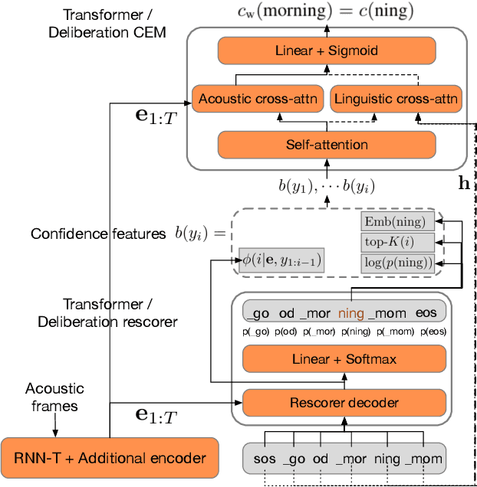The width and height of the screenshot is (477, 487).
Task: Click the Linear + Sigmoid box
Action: click(327, 51)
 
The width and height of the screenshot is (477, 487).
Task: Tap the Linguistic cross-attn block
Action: click(395, 99)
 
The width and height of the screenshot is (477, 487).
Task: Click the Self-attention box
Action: click(327, 144)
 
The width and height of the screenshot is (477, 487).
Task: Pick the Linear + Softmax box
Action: click(343, 359)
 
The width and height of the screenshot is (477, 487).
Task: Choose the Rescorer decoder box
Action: click(343, 402)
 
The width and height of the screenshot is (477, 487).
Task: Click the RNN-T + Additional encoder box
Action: click(109, 458)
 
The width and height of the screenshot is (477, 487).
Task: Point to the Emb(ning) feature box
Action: click(397, 222)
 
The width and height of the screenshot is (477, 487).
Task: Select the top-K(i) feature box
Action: click(397, 243)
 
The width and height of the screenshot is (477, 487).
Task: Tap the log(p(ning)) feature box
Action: click(397, 263)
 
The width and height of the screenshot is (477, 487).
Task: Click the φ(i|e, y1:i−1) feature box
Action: click(281, 260)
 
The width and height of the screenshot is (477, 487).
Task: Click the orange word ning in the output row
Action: click(351, 312)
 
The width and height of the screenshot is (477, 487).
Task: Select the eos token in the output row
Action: click(426, 312)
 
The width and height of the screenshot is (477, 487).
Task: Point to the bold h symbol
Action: click(464, 183)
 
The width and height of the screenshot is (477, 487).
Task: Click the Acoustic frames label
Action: click(54, 397)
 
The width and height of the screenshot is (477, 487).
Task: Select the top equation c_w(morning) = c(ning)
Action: click(326, 11)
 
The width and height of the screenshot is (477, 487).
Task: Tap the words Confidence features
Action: click(98, 234)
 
